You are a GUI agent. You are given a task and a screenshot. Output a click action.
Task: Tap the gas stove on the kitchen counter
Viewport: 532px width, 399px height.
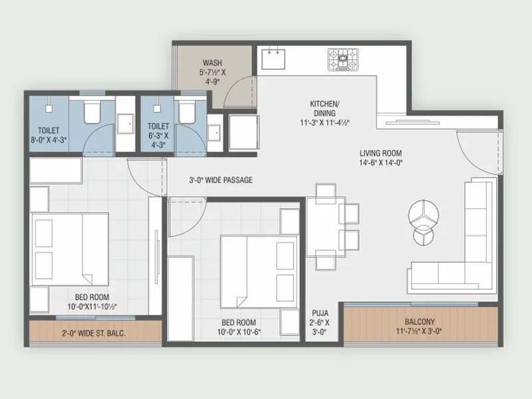342,59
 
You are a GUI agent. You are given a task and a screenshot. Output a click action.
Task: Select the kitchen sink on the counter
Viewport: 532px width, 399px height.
272,59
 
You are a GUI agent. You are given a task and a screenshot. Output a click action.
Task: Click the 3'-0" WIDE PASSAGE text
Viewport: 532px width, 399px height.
220,180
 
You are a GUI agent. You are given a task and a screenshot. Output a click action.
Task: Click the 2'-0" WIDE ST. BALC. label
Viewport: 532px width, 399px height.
94,333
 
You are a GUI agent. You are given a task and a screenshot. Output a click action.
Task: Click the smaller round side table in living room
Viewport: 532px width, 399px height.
423,236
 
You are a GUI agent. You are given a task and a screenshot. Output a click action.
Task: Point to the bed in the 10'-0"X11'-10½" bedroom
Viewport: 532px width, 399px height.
70,247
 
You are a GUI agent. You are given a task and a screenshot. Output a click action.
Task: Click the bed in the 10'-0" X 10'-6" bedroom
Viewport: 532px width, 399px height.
249,270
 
